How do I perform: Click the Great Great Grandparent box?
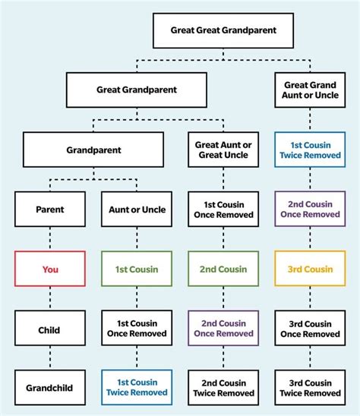click(x=224, y=31)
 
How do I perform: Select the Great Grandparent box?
click(x=137, y=90)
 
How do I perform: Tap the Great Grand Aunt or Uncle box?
click(x=310, y=90)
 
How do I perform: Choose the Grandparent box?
click(x=93, y=150)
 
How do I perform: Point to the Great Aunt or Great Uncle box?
click(x=223, y=150)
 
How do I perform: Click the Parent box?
click(x=50, y=210)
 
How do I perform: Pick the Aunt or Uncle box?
click(x=137, y=210)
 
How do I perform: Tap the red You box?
click(x=50, y=269)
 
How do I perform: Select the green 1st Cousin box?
click(x=137, y=269)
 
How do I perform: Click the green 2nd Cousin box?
click(x=223, y=269)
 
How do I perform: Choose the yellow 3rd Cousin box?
click(x=310, y=269)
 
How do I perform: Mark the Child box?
click(x=50, y=329)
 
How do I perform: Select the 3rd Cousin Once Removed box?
click(x=310, y=329)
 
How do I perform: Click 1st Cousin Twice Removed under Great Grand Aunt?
click(x=310, y=150)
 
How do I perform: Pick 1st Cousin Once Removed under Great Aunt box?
click(x=223, y=210)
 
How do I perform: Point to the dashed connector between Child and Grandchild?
click(x=50, y=358)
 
